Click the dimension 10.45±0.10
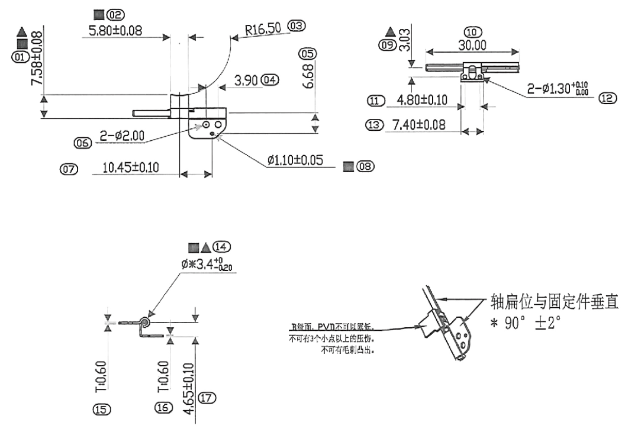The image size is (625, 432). [x=130, y=168]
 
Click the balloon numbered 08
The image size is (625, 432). [x=366, y=167]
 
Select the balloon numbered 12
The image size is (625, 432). [x=605, y=99]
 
